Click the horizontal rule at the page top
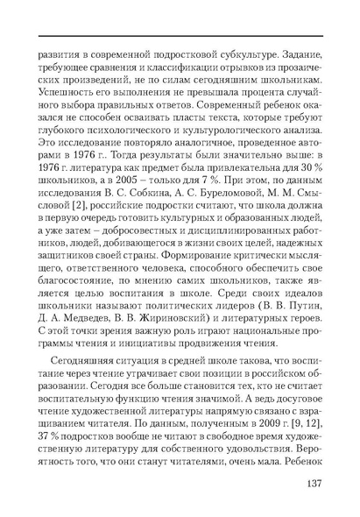click(180, 35)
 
